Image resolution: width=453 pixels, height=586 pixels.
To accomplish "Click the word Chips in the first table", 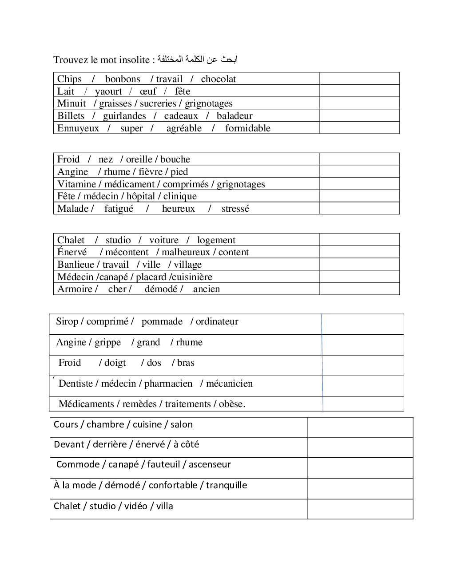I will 69,79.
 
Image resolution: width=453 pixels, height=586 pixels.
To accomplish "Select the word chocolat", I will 218,79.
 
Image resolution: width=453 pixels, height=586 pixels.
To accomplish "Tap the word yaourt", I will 108,91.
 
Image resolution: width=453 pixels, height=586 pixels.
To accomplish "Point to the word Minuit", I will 72,103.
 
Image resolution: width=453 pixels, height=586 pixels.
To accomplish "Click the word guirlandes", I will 124,116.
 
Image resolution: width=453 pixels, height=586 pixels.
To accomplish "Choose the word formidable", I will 247,128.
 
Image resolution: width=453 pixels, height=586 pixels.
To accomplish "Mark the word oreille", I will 139,159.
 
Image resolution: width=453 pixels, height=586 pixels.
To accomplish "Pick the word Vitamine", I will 76,184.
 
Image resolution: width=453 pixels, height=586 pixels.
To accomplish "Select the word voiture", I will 163,240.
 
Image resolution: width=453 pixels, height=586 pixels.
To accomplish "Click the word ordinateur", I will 217,321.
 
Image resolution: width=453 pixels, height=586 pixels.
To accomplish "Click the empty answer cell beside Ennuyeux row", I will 359,128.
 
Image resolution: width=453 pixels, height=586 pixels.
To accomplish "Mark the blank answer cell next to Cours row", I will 360,427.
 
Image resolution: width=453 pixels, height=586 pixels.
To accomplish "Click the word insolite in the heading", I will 134,60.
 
